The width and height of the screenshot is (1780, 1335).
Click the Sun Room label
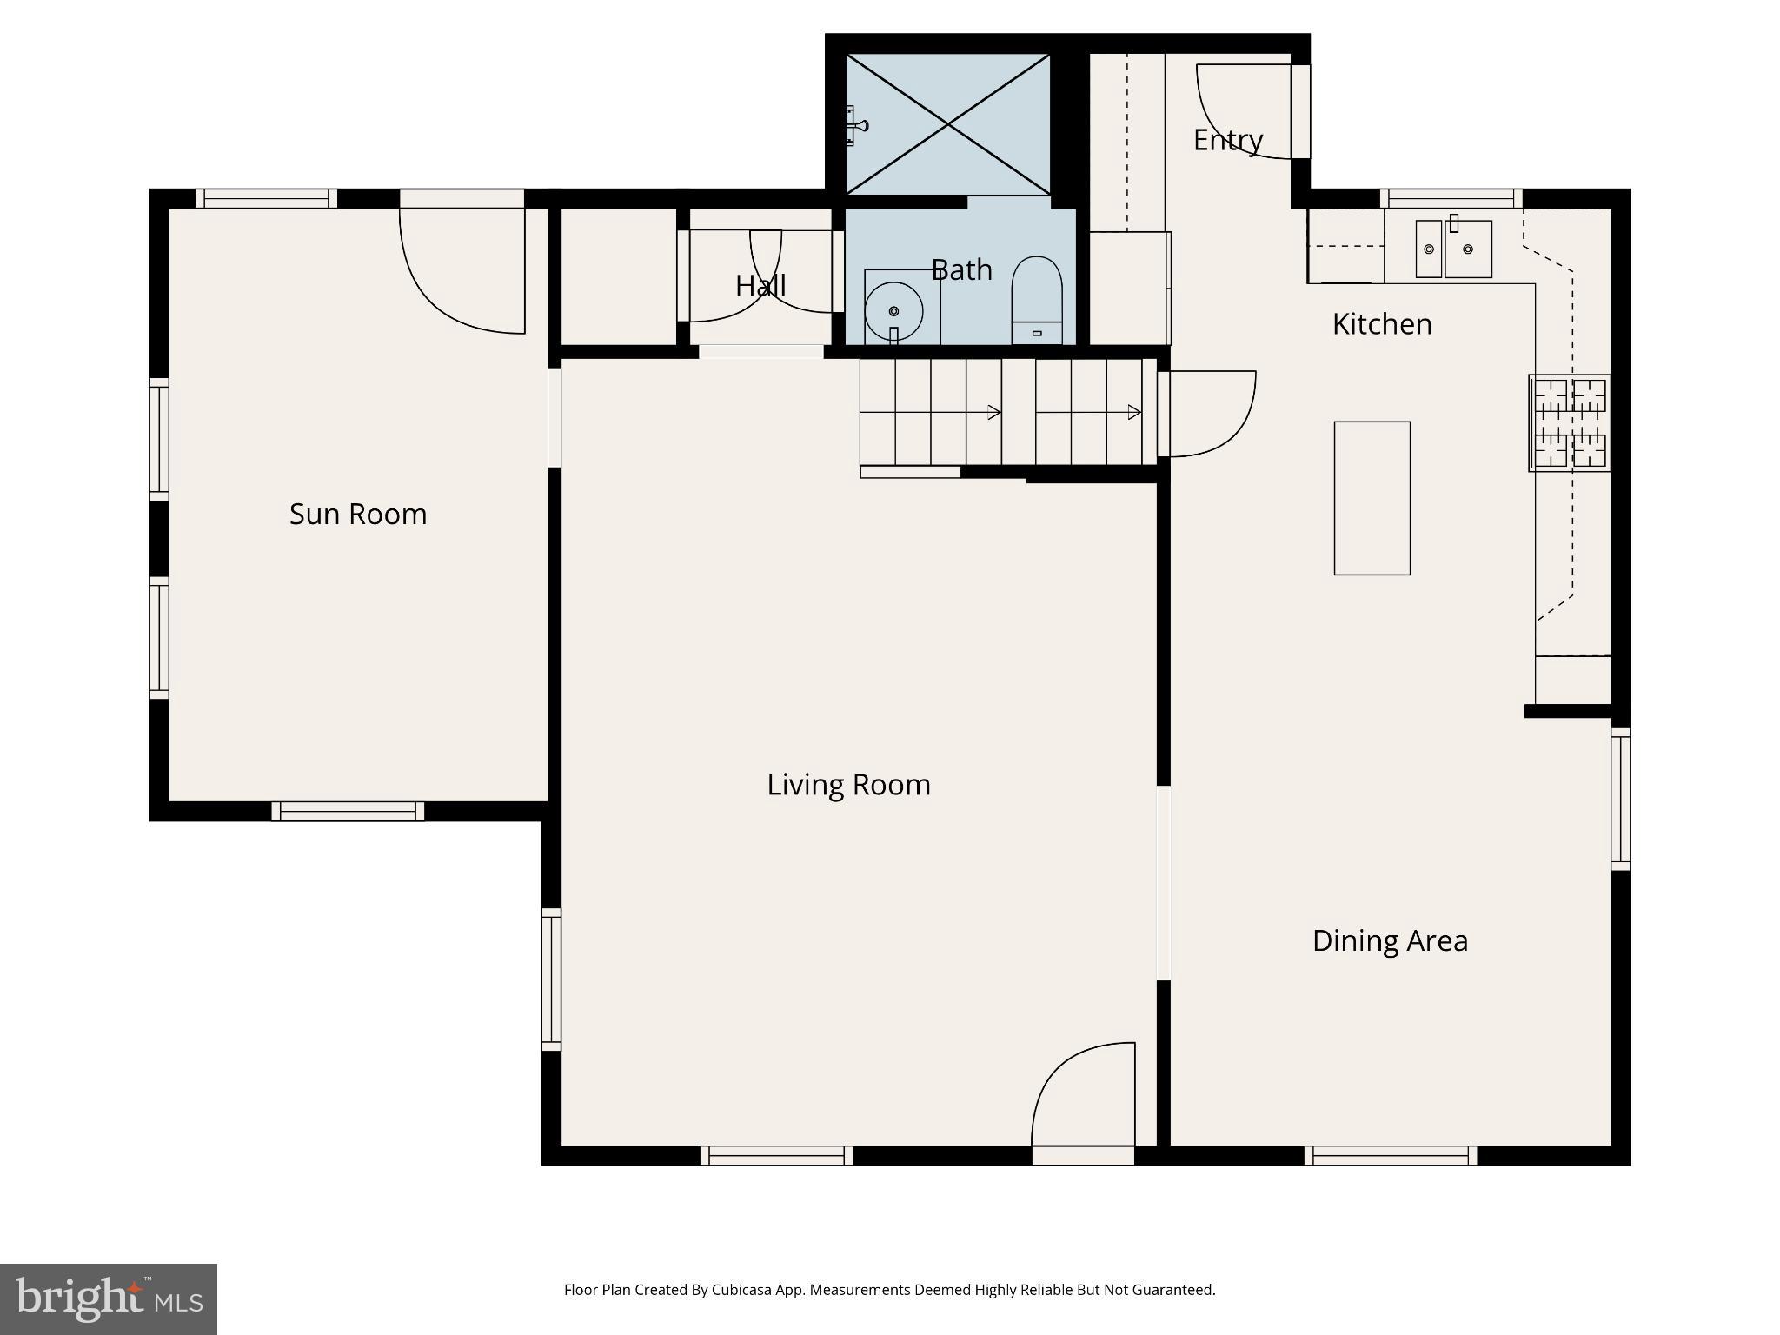tap(357, 515)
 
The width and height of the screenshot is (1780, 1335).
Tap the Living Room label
tap(848, 785)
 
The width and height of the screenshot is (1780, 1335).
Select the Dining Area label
tap(1389, 940)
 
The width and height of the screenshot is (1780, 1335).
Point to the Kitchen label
tap(1381, 324)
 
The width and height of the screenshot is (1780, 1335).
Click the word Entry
tap(1226, 140)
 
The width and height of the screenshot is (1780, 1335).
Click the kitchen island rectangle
tap(1372, 498)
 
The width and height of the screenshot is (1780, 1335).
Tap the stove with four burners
tap(1569, 423)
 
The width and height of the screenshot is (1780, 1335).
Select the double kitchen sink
tap(1453, 249)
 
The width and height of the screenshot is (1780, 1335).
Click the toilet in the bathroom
tap(1036, 300)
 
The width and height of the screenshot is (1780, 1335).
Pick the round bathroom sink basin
tap(893, 310)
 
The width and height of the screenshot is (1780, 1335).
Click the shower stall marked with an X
tap(947, 124)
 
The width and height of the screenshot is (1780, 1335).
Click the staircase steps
tap(1000, 413)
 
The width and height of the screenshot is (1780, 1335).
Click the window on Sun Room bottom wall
tap(348, 811)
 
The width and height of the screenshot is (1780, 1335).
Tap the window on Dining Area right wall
tap(1620, 799)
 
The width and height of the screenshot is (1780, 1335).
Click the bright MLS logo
tap(109, 1298)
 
